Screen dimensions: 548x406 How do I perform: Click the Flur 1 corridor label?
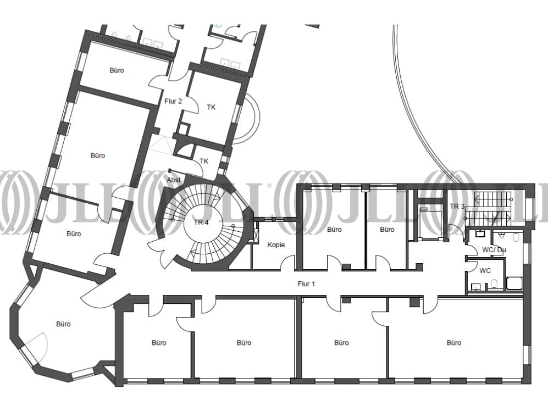(x=306, y=284)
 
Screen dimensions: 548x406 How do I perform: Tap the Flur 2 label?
(x=173, y=101)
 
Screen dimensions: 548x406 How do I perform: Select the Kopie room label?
(x=276, y=245)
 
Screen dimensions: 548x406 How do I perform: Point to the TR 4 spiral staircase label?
(x=201, y=222)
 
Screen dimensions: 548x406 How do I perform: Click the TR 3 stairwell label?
(x=457, y=207)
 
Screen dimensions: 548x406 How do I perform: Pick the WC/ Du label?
(x=494, y=250)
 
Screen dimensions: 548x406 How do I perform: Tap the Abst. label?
(x=174, y=180)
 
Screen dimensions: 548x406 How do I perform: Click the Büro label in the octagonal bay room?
(x=63, y=324)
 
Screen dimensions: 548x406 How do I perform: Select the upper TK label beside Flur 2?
(x=211, y=107)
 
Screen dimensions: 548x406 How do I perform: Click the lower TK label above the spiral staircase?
(x=204, y=161)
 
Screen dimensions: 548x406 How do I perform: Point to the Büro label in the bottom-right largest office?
(x=454, y=343)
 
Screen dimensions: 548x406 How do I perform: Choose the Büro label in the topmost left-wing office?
(x=117, y=70)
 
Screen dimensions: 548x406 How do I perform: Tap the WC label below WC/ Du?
(x=485, y=271)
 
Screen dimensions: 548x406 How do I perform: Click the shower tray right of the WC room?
(x=514, y=283)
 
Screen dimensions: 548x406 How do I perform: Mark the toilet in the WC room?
(x=494, y=283)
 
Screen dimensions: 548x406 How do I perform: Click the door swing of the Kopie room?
(x=287, y=263)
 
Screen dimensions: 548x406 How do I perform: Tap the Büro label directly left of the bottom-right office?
(x=341, y=343)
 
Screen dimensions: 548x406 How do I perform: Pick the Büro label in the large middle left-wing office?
(x=98, y=156)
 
